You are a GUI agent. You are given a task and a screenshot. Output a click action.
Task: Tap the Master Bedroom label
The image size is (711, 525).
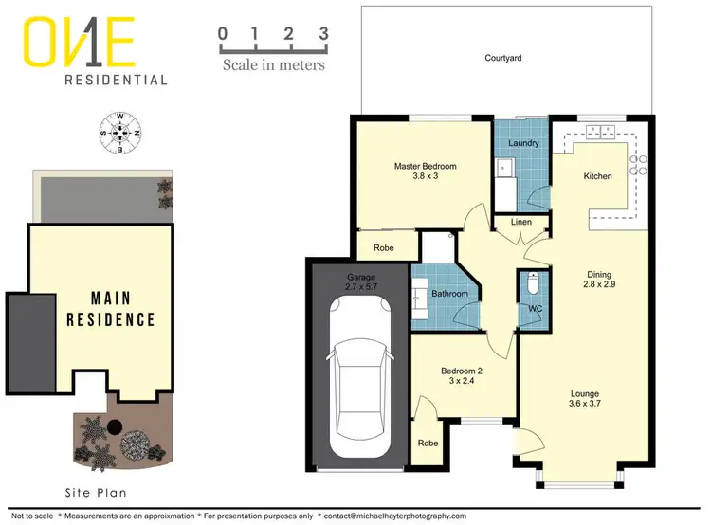tap(426, 167)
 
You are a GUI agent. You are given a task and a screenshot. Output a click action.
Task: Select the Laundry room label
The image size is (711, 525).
tap(523, 144)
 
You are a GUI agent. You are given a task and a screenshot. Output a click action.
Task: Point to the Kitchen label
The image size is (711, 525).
tap(597, 176)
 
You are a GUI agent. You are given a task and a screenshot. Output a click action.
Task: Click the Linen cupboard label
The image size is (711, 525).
tap(521, 223)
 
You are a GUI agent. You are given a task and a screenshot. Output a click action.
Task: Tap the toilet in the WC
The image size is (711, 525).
tap(533, 284)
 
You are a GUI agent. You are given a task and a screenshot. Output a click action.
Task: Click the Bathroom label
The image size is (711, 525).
tap(450, 294)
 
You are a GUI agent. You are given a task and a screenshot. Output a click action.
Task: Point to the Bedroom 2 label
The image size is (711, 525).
tap(465, 371)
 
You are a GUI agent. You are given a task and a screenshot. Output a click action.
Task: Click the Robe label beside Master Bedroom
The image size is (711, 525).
tap(383, 248)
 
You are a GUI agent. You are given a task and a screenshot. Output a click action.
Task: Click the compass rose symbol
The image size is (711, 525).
tap(120, 134)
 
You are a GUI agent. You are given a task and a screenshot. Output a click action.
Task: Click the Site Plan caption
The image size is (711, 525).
tap(96, 493)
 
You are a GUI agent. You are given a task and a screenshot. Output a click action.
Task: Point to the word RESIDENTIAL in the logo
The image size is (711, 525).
tap(116, 81)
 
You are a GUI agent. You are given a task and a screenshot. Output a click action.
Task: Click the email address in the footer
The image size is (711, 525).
tap(394, 516)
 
